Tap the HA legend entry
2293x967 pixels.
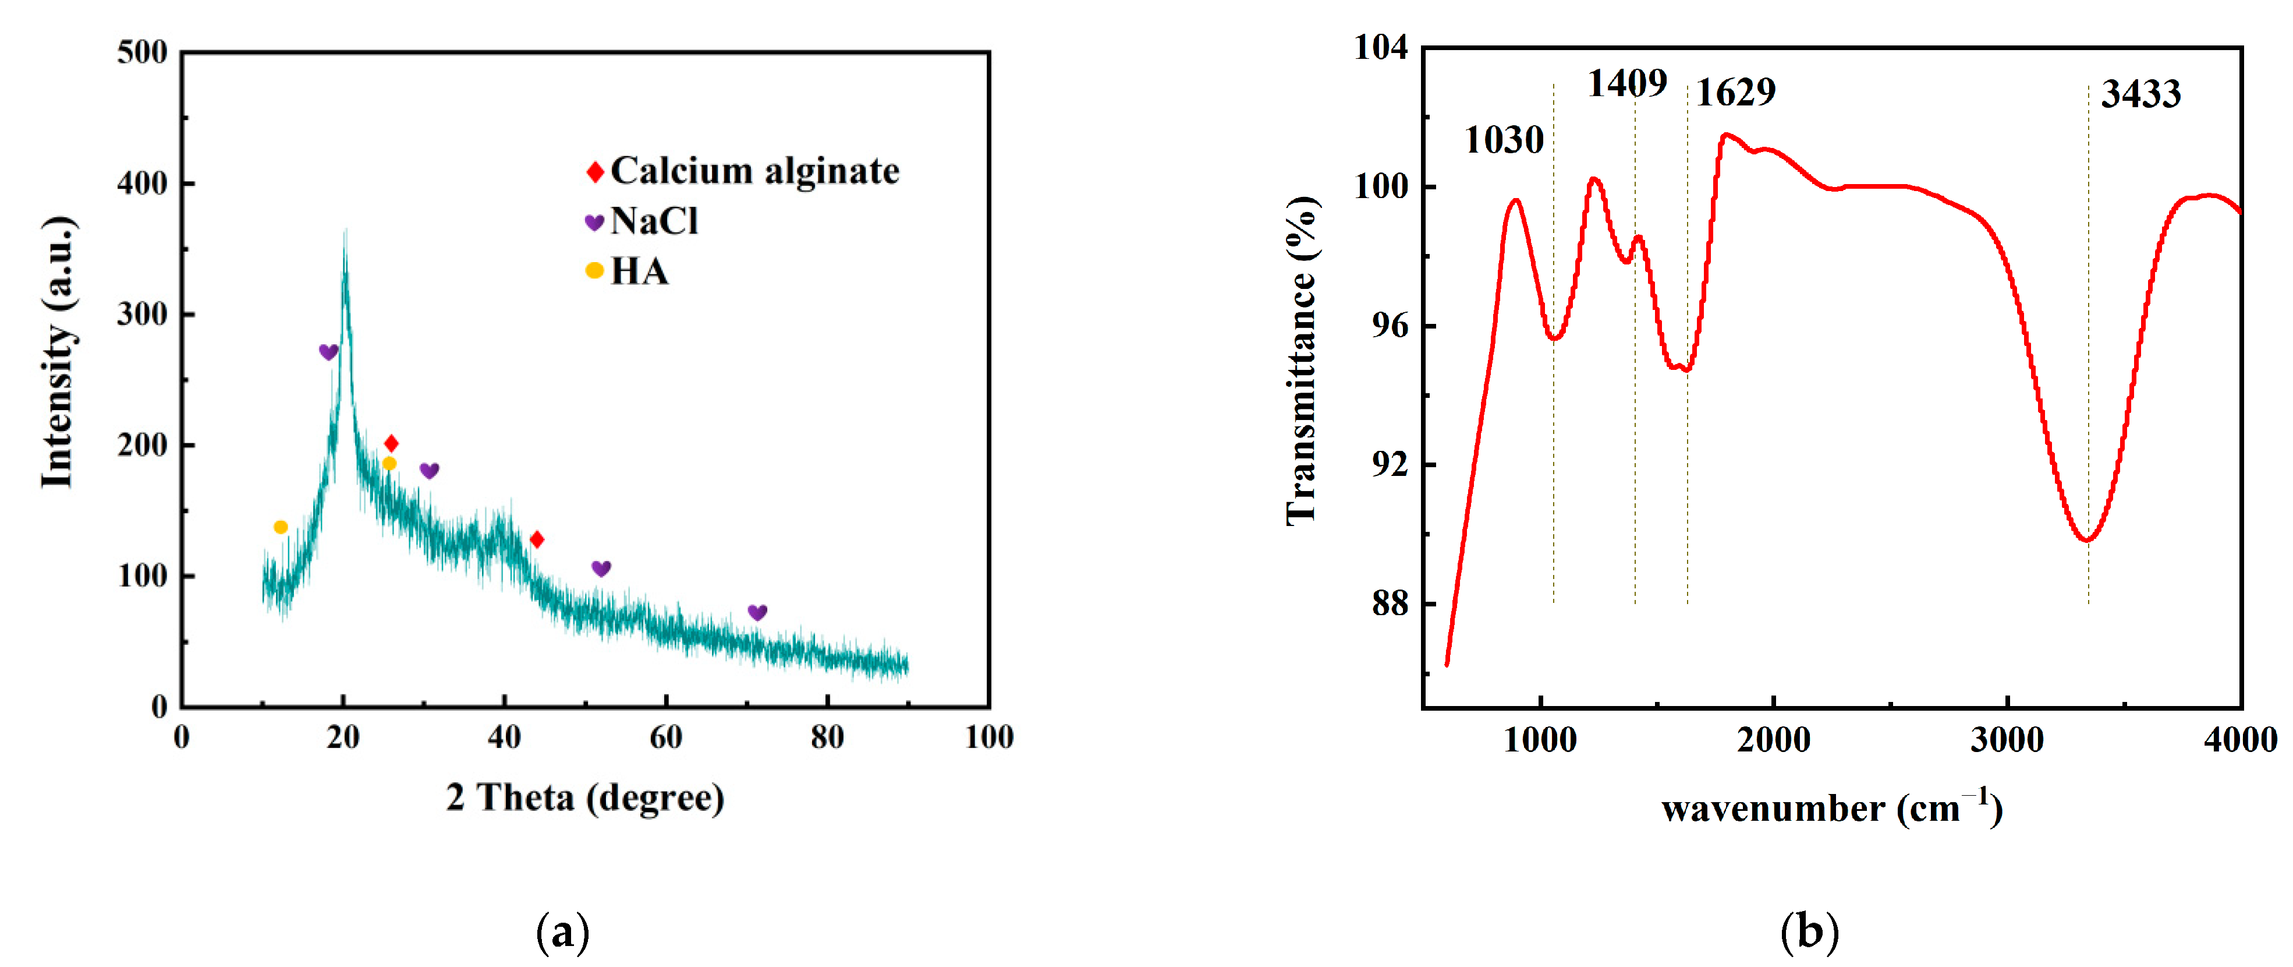coord(628,271)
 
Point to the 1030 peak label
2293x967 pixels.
coord(1504,140)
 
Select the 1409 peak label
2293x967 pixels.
coord(1626,84)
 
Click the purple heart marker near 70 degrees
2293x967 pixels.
coord(757,613)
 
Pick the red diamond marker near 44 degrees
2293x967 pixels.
coord(537,539)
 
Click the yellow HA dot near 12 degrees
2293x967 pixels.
coord(281,527)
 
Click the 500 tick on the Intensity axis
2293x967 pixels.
coord(143,52)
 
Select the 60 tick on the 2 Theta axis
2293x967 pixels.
coord(666,737)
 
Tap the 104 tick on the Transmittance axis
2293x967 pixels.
coord(1381,47)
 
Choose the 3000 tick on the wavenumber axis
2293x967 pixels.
coord(2007,740)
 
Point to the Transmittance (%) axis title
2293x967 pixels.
coord(1302,361)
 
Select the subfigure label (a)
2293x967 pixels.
coord(562,932)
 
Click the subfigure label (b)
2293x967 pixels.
coord(1809,932)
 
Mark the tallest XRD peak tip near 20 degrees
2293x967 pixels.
coord(345,233)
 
